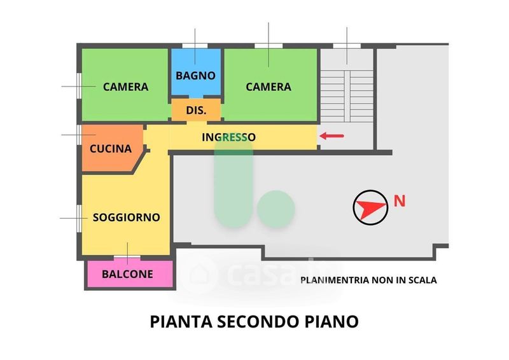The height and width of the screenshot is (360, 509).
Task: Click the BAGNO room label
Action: [x=196, y=75]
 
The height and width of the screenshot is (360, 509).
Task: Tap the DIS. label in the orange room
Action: [x=196, y=110]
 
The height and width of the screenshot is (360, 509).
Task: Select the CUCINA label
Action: [x=111, y=149]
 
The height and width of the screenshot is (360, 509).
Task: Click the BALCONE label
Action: [x=128, y=275]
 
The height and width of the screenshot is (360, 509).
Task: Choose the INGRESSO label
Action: [x=229, y=137]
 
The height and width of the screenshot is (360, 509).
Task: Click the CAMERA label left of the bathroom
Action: [x=125, y=87]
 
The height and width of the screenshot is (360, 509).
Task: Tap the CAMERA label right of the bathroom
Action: [x=268, y=87]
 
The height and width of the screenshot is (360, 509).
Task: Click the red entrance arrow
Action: [x=331, y=135]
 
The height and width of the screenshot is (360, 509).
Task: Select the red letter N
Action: [x=400, y=201]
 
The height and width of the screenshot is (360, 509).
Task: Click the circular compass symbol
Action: [x=370, y=207]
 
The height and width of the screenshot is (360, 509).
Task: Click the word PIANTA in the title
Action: [x=178, y=321]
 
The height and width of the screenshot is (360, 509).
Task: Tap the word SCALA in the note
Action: [x=424, y=279]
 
